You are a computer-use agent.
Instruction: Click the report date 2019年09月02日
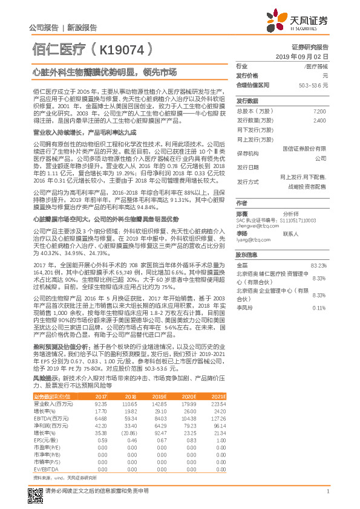tap(306, 56)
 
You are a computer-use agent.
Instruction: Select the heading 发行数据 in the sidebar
tap(247, 101)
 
